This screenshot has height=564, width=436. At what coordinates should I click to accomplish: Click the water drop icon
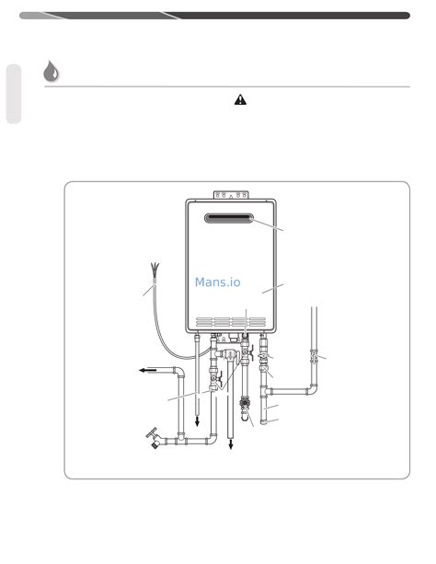(51, 71)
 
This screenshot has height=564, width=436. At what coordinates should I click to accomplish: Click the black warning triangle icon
(240, 99)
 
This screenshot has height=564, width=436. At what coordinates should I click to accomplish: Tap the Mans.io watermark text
(218, 282)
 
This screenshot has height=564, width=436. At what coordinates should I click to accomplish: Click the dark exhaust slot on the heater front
(229, 218)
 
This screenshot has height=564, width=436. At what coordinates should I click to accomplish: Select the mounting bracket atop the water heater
(231, 195)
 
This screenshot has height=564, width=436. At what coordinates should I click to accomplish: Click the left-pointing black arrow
(148, 370)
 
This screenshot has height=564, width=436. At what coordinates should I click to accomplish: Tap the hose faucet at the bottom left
(155, 438)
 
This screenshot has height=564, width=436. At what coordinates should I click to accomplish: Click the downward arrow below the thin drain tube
(197, 422)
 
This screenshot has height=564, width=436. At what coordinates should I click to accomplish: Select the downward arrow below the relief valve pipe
(231, 445)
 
